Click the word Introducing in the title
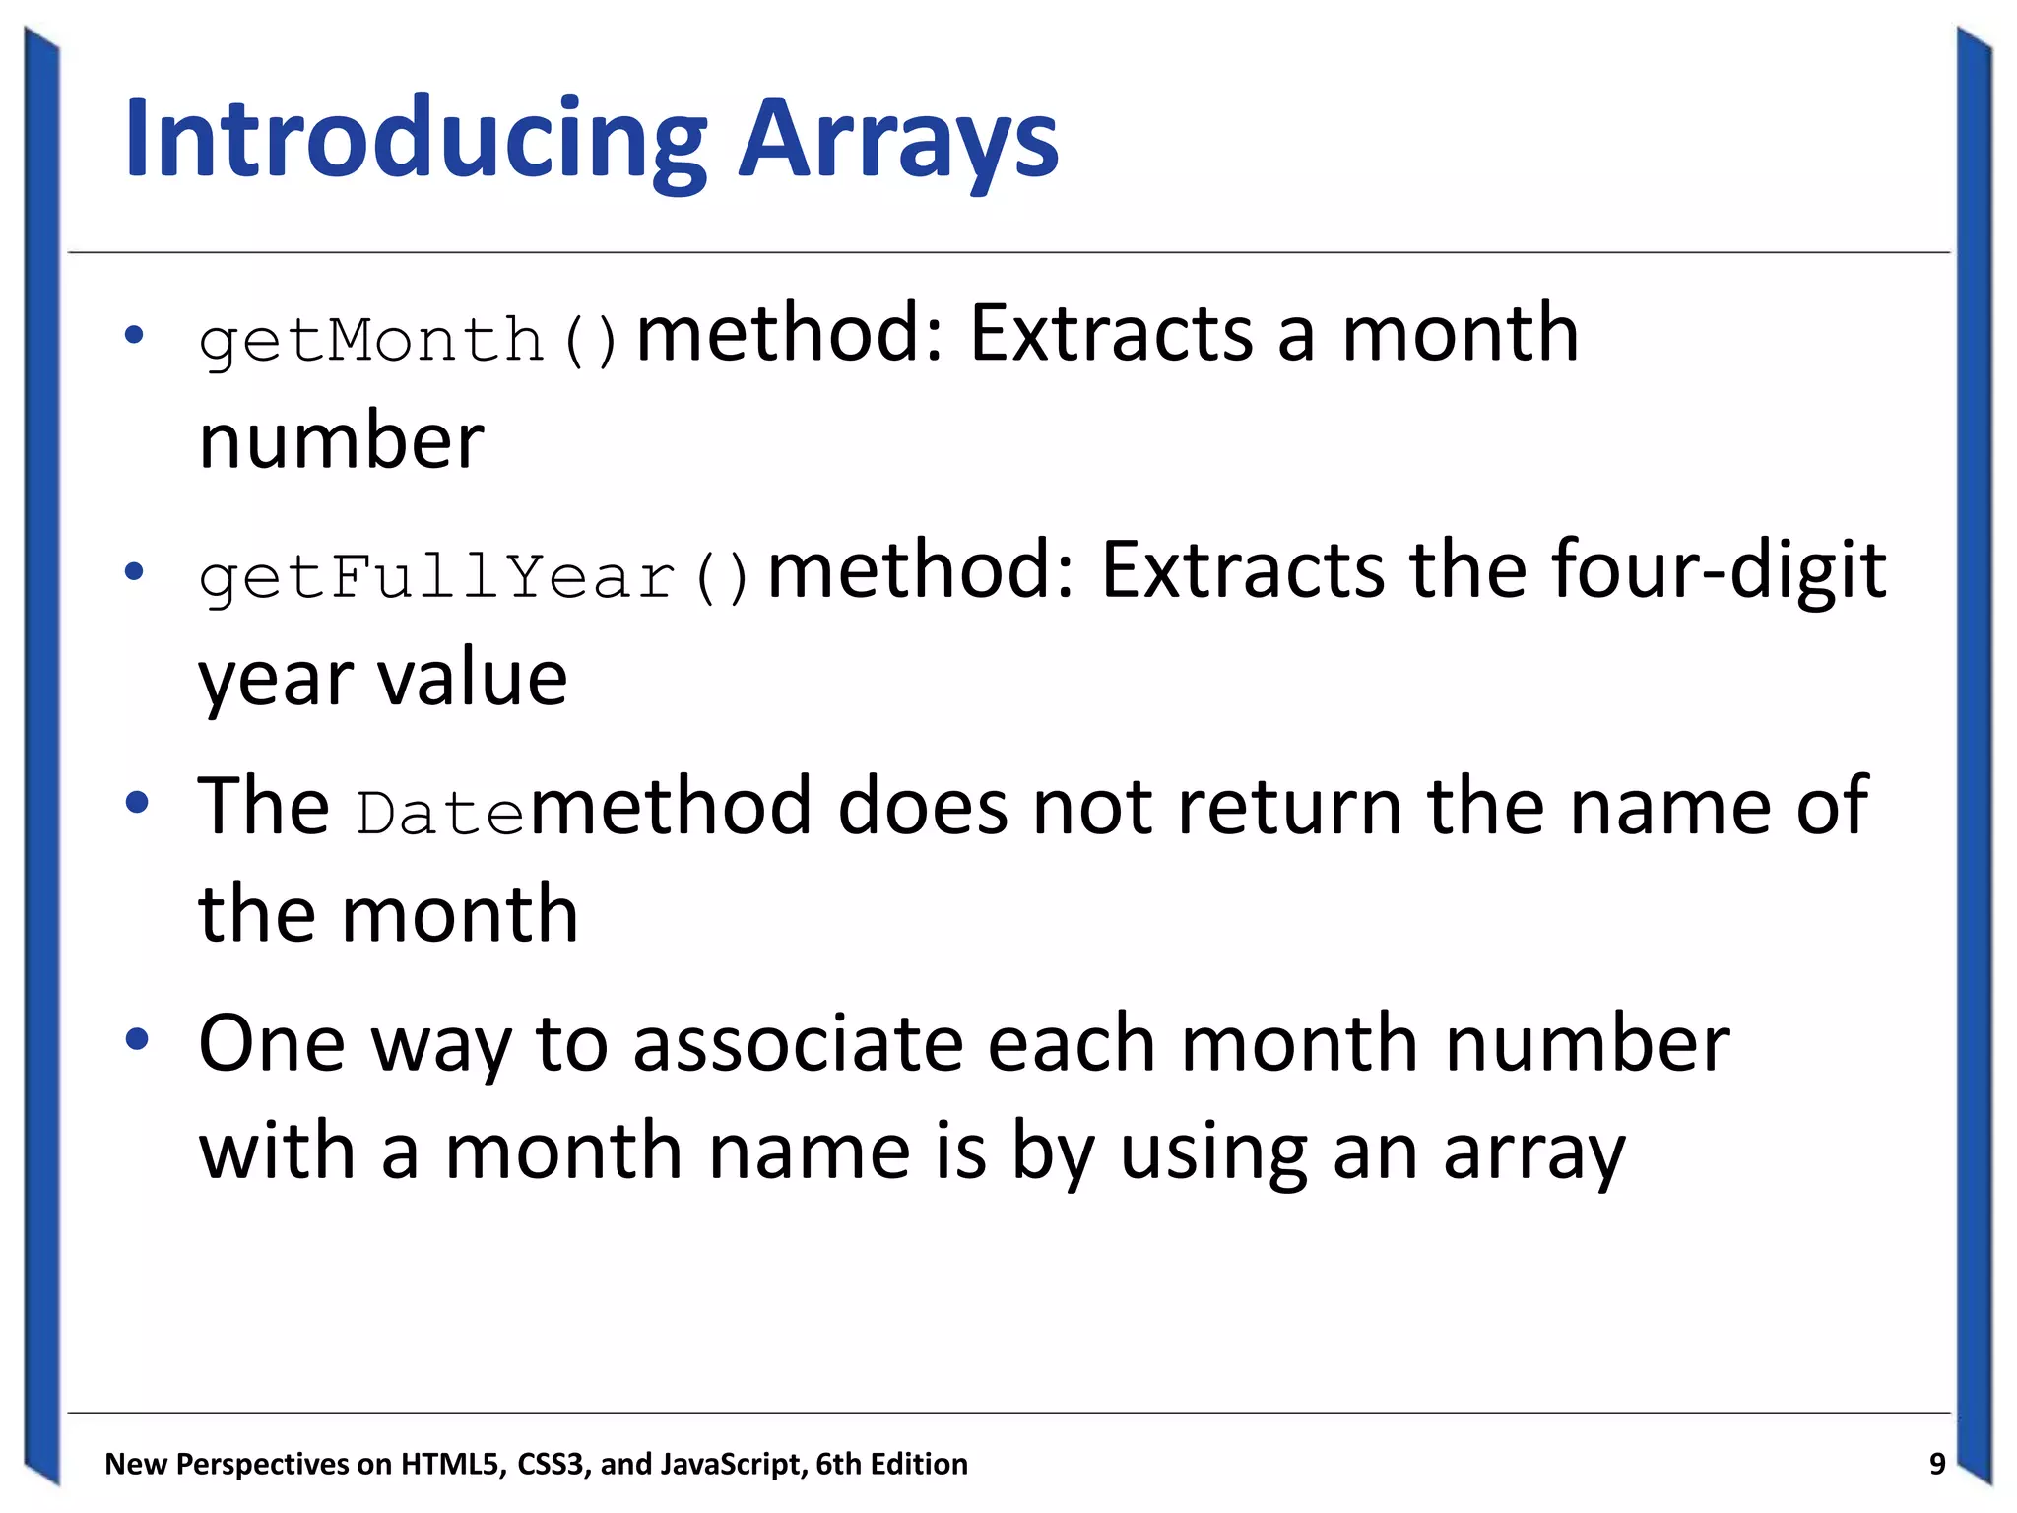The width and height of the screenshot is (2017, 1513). click(x=415, y=140)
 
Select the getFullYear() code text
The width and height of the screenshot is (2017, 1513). click(x=475, y=577)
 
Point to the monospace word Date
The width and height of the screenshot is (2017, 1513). click(x=440, y=815)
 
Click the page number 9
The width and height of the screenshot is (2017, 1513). click(x=1937, y=1464)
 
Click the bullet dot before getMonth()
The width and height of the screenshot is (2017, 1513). click(x=135, y=335)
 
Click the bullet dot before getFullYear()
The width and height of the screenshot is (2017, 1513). click(x=135, y=571)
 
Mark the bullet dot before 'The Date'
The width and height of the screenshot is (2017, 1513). click(x=136, y=803)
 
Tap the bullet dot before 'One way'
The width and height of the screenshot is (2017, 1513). click(x=136, y=1039)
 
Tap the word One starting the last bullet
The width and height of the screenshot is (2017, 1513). click(x=271, y=1044)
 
